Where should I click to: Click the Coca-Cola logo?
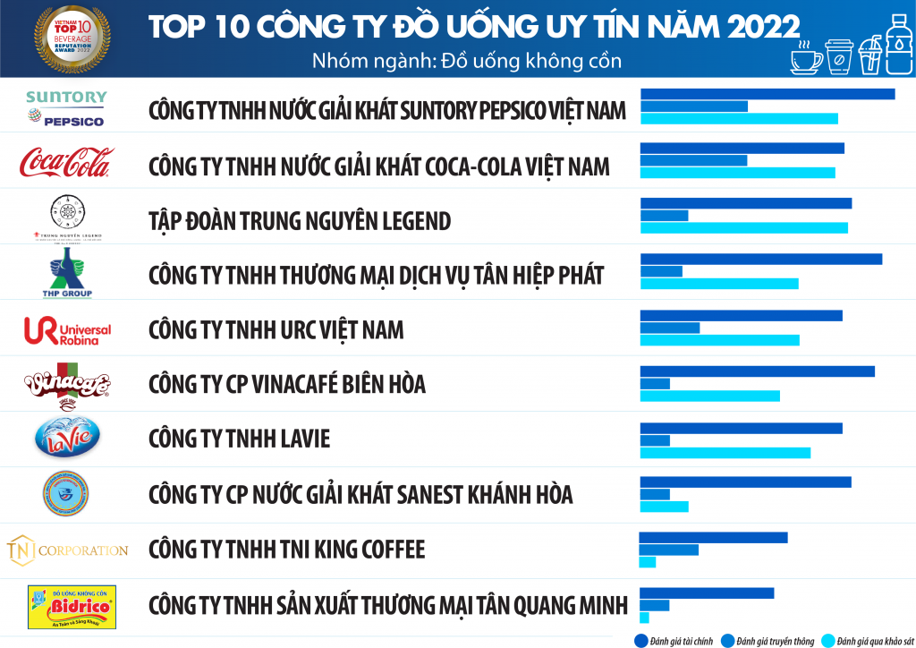(x=67, y=163)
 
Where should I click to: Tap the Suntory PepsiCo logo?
(x=67, y=108)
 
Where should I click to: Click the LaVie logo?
(x=67, y=439)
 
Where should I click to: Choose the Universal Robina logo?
(x=68, y=330)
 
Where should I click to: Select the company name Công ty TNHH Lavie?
(x=239, y=439)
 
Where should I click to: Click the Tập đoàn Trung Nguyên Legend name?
(x=300, y=220)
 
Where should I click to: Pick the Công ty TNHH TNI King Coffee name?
(x=286, y=549)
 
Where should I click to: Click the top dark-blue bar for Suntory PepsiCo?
(x=768, y=94)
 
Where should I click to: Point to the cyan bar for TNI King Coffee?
(x=648, y=561)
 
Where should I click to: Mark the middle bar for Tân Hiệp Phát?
(x=661, y=271)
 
